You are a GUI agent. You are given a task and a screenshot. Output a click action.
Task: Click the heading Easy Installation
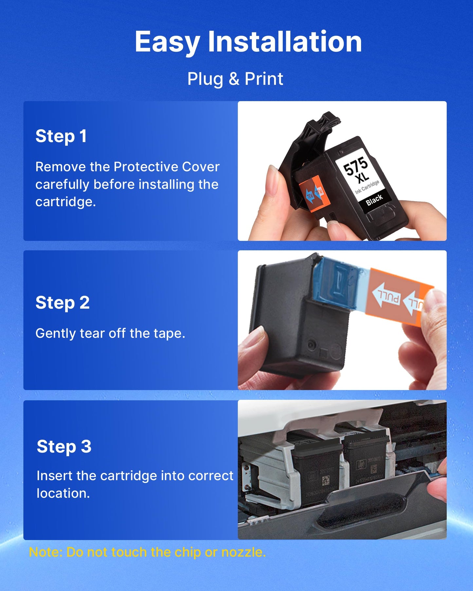(248, 42)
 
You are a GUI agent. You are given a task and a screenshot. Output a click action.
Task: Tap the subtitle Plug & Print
(235, 79)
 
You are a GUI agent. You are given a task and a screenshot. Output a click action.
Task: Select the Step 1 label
(61, 136)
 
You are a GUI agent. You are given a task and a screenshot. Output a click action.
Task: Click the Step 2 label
(62, 303)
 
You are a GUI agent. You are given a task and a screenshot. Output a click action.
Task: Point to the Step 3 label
(64, 447)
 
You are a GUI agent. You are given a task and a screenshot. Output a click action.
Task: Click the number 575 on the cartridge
(355, 166)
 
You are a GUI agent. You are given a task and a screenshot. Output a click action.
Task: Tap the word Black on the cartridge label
(374, 200)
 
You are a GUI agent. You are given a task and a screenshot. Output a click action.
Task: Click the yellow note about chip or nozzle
(147, 552)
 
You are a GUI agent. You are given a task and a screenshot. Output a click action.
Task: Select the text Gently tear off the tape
(110, 333)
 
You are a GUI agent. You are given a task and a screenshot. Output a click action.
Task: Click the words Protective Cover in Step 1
(167, 167)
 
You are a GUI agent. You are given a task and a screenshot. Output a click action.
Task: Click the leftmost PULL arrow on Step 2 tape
(387, 296)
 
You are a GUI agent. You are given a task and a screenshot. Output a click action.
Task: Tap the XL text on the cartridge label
(362, 178)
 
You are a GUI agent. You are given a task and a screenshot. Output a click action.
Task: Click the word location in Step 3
(63, 493)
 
